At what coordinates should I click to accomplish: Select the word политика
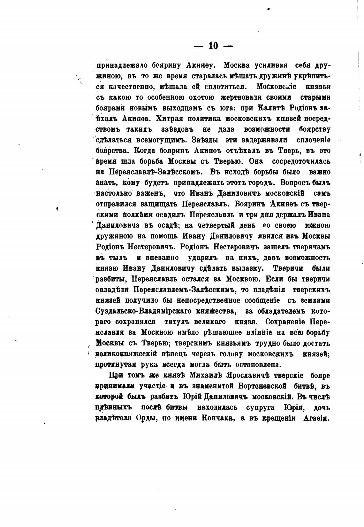205,118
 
